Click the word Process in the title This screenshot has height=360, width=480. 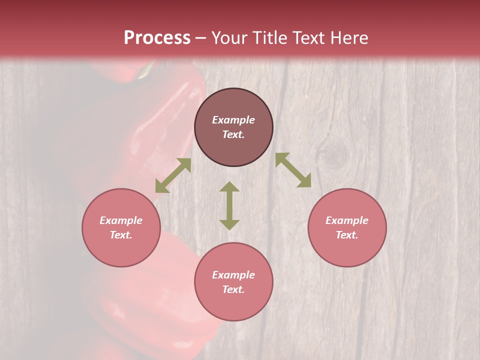click(x=157, y=38)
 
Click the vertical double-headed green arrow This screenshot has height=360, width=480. click(x=229, y=205)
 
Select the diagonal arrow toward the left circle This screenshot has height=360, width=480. click(x=173, y=175)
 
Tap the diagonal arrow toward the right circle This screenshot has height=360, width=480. click(x=293, y=170)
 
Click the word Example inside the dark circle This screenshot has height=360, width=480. click(x=233, y=120)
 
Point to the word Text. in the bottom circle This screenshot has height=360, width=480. click(x=233, y=289)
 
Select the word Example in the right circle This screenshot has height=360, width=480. click(x=347, y=220)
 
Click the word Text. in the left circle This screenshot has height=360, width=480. click(x=121, y=235)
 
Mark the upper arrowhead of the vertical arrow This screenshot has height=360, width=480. click(x=229, y=187)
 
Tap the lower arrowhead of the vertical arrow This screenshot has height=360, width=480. click(x=229, y=224)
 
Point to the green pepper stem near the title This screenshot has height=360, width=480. click(x=146, y=70)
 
